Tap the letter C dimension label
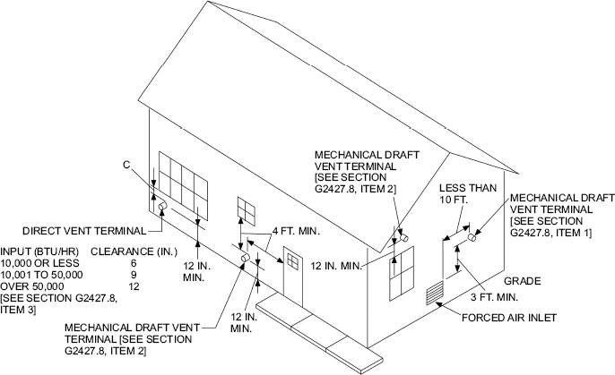(x=127, y=165)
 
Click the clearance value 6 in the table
(x=134, y=264)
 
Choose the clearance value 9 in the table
(x=134, y=275)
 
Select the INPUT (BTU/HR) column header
(x=39, y=252)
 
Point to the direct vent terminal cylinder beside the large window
(x=163, y=208)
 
